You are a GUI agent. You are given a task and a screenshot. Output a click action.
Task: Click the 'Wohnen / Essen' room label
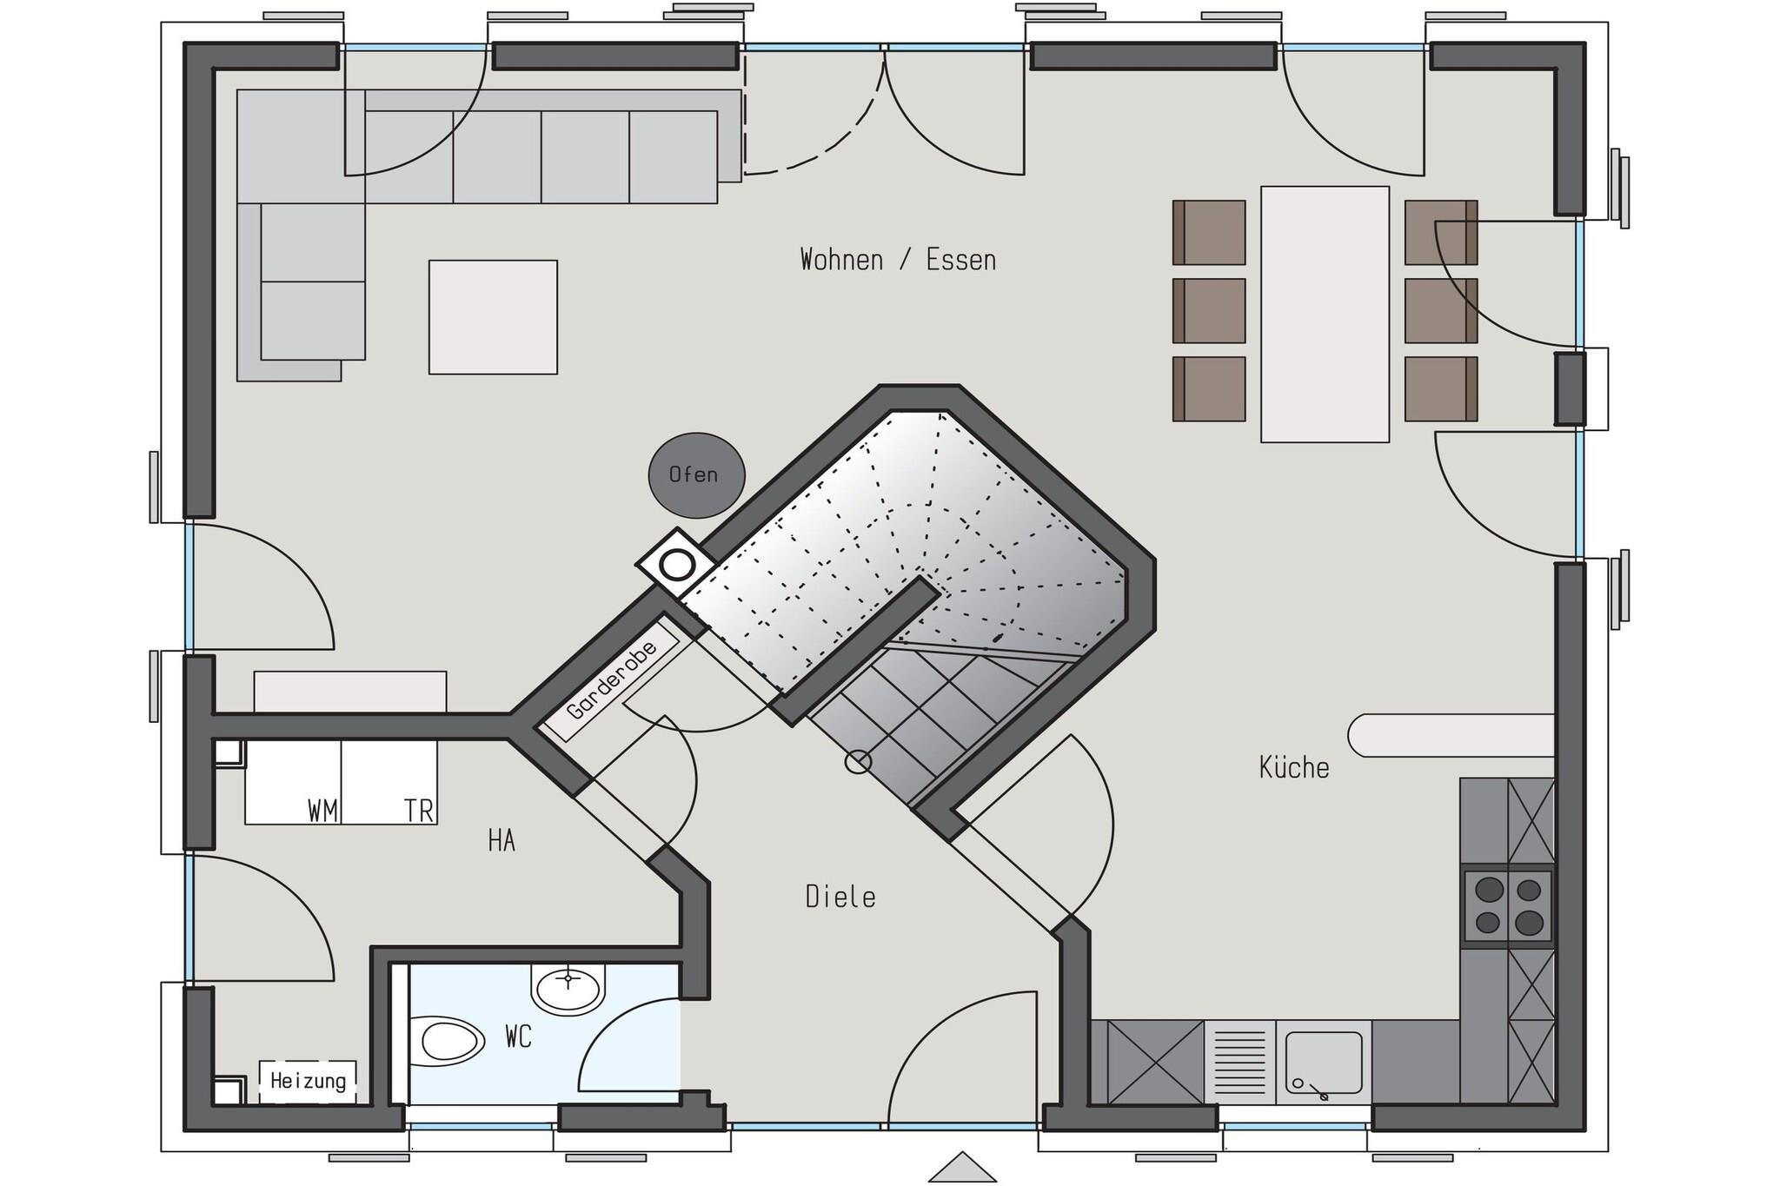(x=898, y=260)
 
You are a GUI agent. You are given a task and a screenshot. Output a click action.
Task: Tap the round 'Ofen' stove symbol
(x=696, y=475)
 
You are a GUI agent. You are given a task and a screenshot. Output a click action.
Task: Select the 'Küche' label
(x=1294, y=766)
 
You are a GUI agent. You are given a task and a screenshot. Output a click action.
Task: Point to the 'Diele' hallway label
(x=840, y=897)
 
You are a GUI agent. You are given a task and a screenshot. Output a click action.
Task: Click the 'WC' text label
(x=518, y=1037)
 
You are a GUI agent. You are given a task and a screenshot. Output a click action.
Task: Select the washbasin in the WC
(x=568, y=989)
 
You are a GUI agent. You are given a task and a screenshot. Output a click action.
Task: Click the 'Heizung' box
(x=308, y=1082)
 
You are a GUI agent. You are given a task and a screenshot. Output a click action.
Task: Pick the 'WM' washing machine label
(x=322, y=812)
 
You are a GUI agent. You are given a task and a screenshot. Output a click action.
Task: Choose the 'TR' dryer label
(x=419, y=812)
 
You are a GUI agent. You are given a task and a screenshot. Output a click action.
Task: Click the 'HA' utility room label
(x=501, y=841)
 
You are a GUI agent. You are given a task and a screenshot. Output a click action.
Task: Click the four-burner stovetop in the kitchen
(x=1508, y=905)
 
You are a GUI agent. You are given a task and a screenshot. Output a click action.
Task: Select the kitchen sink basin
(x=1324, y=1063)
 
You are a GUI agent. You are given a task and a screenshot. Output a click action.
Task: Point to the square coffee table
(x=493, y=317)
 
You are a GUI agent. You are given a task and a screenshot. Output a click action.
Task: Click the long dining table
(x=1325, y=314)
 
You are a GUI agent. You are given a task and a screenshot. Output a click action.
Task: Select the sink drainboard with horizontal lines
(x=1240, y=1062)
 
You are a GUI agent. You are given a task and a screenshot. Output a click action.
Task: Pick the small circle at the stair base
(x=858, y=762)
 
